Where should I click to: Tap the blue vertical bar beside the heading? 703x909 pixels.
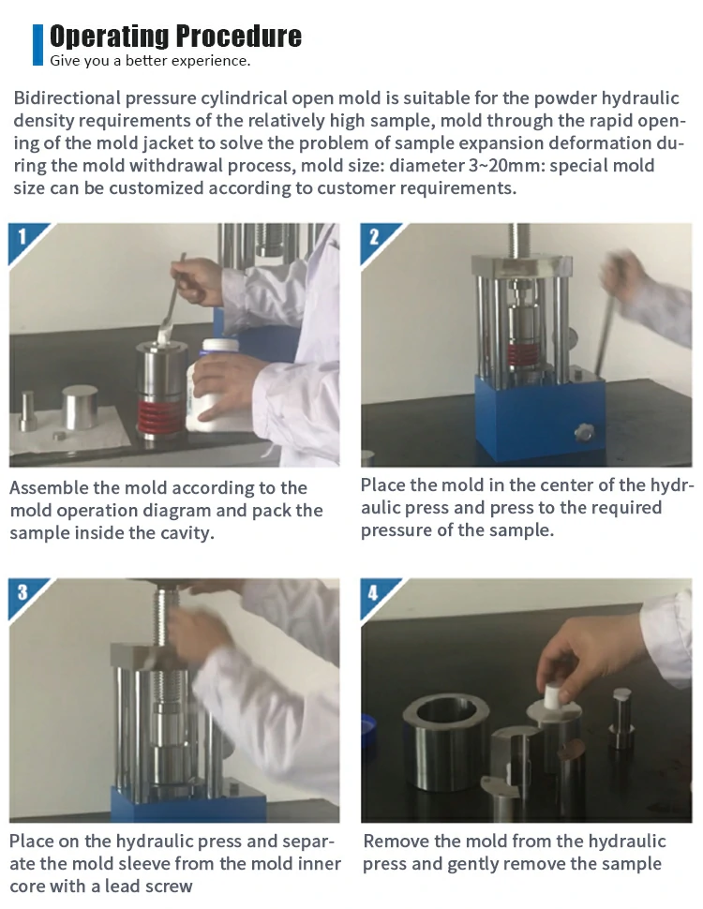[37, 45]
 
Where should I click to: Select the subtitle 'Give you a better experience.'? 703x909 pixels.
[150, 61]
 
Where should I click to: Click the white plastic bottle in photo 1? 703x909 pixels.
[216, 385]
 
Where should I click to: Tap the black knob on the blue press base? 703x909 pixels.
[584, 432]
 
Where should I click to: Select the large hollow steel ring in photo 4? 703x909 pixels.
[445, 743]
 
